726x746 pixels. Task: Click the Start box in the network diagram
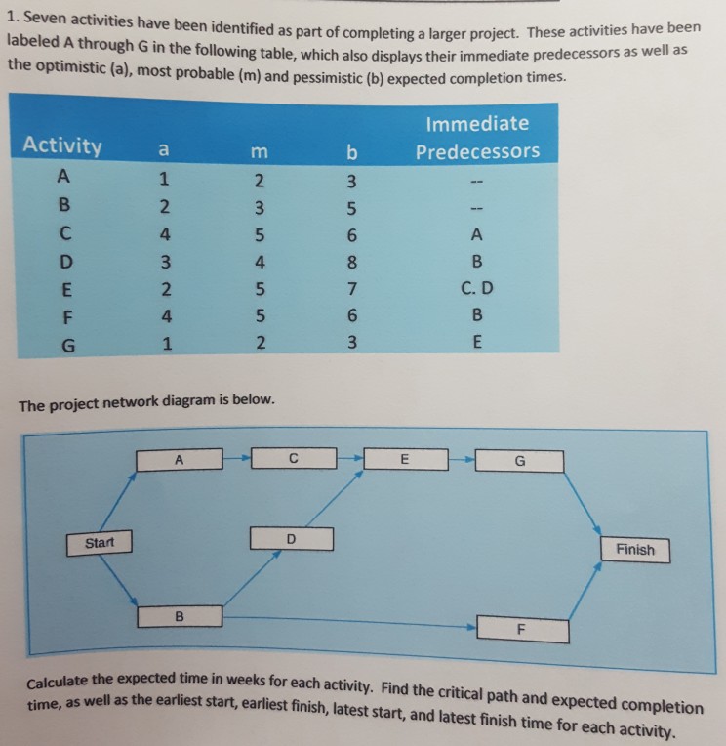point(100,541)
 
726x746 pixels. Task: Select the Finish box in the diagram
point(635,550)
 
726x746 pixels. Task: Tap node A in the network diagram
point(180,459)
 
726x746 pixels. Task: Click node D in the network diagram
point(291,538)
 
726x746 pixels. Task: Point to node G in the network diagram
point(519,461)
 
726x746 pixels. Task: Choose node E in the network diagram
point(406,457)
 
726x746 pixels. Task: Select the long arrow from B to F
point(351,619)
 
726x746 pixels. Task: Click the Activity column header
point(62,146)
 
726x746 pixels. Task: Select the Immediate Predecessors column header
point(477,138)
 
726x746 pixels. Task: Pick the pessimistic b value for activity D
point(353,261)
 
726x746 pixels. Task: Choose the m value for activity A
point(257,181)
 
